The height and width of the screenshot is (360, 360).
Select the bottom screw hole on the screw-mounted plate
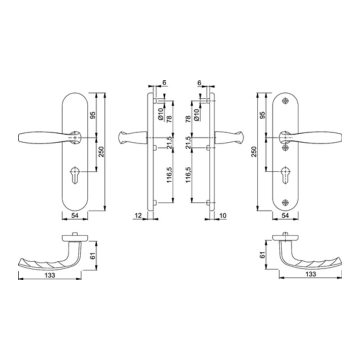click(x=285, y=202)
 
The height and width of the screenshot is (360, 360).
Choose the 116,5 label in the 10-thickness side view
click(x=189, y=175)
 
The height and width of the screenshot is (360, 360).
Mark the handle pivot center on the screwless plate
click(x=74, y=136)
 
